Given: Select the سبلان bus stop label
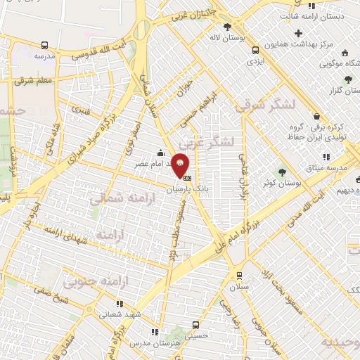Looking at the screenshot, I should pos(242,288).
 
